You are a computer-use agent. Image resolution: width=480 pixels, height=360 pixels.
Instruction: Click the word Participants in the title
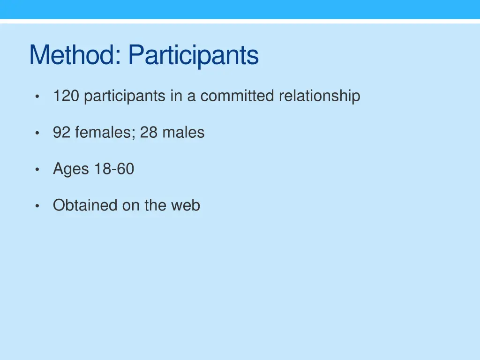click(193, 56)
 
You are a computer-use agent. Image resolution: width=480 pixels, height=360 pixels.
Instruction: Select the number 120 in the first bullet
click(67, 96)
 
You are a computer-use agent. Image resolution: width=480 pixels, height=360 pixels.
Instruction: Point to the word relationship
click(319, 96)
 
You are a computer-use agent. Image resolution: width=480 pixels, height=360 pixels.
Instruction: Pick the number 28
click(149, 133)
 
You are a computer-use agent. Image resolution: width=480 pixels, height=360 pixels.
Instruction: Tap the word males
click(183, 133)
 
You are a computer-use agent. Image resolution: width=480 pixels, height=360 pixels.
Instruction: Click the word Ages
click(71, 169)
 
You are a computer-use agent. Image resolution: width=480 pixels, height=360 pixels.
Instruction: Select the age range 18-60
click(114, 169)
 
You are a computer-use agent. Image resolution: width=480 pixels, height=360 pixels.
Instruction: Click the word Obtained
click(85, 205)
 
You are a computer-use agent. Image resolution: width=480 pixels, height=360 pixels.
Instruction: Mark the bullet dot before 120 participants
click(37, 97)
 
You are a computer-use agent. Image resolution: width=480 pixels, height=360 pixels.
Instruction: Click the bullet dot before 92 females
click(37, 133)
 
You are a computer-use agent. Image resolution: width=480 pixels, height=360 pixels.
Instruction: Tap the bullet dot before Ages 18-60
click(37, 170)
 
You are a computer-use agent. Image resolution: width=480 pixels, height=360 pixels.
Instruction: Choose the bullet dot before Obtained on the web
click(37, 206)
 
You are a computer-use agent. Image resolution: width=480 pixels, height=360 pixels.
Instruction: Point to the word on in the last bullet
click(131, 205)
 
